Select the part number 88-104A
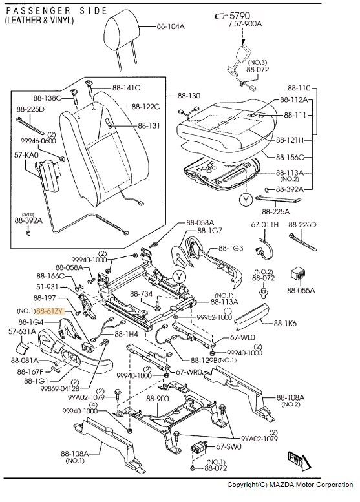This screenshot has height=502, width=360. [171, 26]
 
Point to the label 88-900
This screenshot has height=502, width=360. [157, 399]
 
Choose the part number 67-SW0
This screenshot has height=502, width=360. [228, 446]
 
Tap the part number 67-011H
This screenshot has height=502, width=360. [264, 224]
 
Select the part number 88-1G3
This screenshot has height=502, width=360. [230, 248]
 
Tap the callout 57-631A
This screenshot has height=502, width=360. [21, 331]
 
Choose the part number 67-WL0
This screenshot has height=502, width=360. [243, 338]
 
